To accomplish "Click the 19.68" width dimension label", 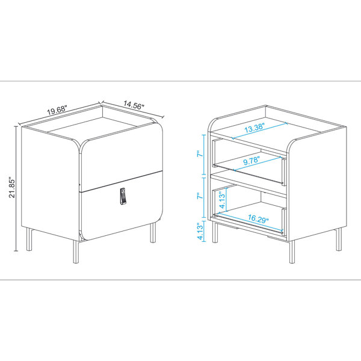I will [x=57, y=111].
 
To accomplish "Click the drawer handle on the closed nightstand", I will [x=123, y=197].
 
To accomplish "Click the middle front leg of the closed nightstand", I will [x=74, y=250].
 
